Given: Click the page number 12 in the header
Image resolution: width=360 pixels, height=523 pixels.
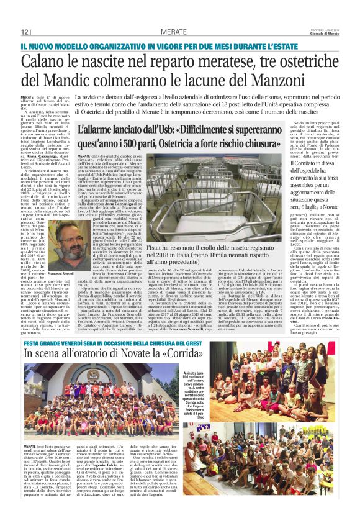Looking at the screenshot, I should pyautogui.click(x=25, y=32).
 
